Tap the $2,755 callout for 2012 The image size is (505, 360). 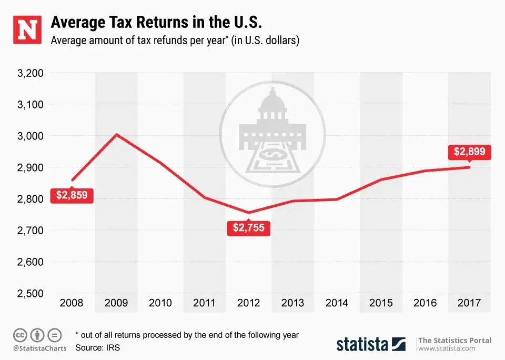coord(248,228)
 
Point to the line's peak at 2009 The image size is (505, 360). coord(116,135)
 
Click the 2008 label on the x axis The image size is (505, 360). coord(72,303)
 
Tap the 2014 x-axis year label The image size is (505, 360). coord(337,303)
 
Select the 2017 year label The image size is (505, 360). coord(469,303)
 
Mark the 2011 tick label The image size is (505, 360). coord(205,303)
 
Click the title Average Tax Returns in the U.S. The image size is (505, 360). coord(156,24)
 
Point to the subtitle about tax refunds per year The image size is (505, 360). coord(175,41)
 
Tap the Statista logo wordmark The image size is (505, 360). coord(370,344)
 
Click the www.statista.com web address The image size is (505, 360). coord(447,348)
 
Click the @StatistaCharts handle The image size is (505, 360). coord(37,348)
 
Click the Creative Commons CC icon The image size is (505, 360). coord(20,335)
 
